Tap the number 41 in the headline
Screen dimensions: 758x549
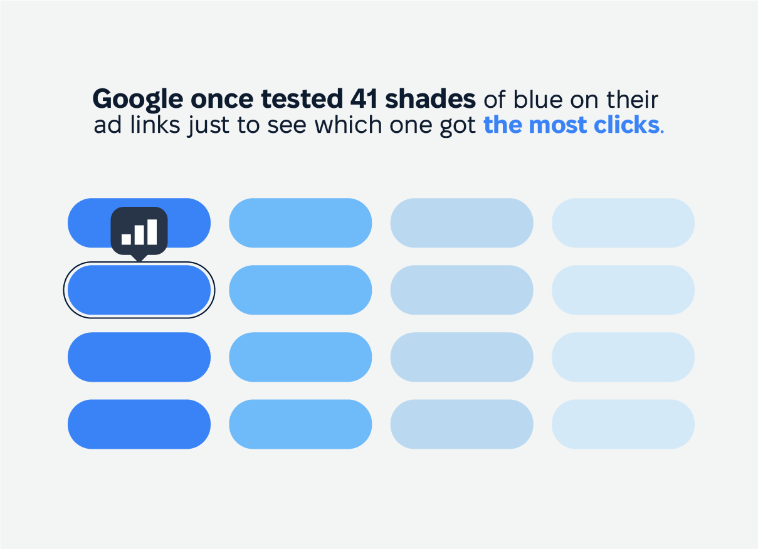point(364,99)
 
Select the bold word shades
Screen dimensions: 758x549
point(431,98)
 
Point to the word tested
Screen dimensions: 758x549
point(302,99)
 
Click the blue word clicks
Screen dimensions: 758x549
point(626,125)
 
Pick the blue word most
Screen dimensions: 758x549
point(557,125)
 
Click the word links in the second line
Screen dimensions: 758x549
point(155,125)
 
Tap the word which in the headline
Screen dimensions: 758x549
point(348,125)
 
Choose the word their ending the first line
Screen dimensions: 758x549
point(632,99)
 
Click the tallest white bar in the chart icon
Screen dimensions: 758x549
point(152,232)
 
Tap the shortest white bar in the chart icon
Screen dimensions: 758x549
point(126,239)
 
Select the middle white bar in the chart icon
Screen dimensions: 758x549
point(139,235)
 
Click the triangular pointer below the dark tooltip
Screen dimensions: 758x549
point(139,258)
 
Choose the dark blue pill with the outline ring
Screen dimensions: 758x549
point(139,290)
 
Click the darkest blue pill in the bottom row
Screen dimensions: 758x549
point(139,424)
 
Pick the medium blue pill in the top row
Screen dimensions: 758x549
point(300,223)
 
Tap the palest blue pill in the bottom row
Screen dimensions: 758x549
point(623,424)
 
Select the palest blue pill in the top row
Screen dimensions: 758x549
point(623,223)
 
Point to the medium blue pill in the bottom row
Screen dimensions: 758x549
point(300,424)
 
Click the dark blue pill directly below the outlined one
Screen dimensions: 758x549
point(139,357)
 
